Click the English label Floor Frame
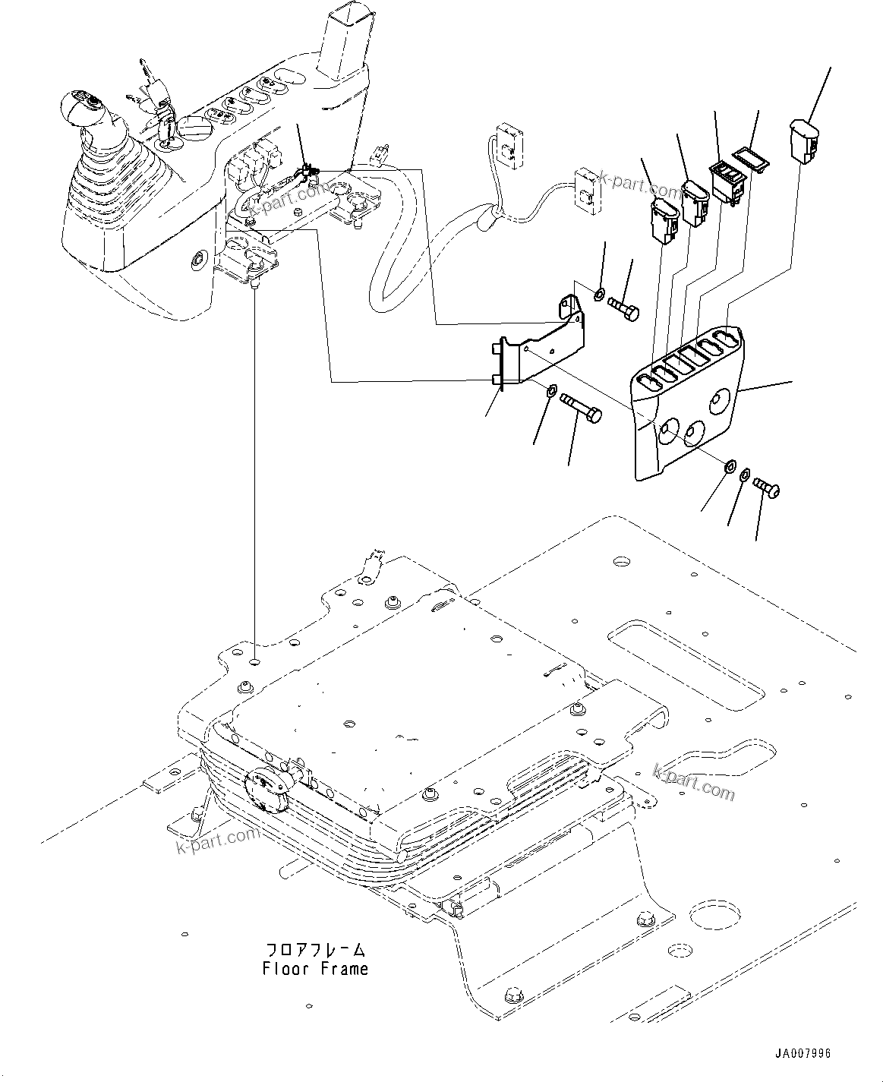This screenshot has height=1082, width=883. coord(315,969)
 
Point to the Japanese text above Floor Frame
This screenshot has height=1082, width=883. coord(315,950)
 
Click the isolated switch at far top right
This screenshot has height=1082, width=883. coord(803,140)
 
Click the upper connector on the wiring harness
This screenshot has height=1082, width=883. coord(507,145)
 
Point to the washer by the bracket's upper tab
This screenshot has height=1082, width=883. coord(599,294)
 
